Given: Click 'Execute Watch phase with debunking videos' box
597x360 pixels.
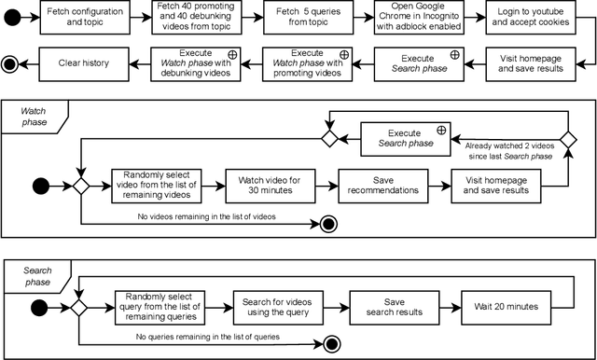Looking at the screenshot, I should point(198,63).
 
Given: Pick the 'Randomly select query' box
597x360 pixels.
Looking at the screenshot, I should point(161,306).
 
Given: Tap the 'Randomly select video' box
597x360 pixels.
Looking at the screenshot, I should point(158,184).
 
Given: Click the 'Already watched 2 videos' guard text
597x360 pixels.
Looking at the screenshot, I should point(508,149).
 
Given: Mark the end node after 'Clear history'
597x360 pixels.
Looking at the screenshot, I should point(9,63).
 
